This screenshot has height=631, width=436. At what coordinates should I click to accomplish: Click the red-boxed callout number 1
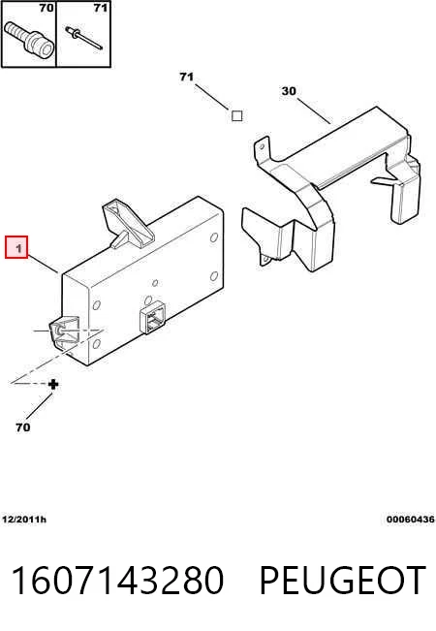click(16, 247)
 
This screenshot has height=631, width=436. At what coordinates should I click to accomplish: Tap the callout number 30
click(289, 91)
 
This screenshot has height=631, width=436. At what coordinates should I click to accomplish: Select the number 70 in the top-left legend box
click(47, 8)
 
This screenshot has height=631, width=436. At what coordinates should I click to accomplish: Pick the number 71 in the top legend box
click(101, 8)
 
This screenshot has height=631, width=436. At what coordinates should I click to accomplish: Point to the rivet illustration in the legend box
click(83, 38)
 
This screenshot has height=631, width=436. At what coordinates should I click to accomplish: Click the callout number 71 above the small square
click(186, 77)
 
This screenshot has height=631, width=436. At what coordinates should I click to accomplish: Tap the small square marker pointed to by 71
click(237, 116)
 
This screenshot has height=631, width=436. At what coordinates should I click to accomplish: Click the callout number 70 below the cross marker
click(23, 427)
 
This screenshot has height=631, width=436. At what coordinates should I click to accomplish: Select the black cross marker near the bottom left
click(53, 384)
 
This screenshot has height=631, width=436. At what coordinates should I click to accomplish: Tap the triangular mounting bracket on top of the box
click(128, 225)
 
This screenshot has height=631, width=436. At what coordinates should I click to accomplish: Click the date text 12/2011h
click(24, 520)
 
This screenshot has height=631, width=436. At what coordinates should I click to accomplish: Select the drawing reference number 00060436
click(411, 520)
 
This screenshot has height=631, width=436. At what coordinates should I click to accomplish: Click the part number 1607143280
click(117, 581)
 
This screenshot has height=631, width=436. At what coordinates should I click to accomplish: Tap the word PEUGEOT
click(343, 581)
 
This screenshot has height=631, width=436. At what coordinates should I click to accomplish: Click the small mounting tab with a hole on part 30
click(265, 260)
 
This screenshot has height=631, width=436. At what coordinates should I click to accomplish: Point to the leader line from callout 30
click(314, 110)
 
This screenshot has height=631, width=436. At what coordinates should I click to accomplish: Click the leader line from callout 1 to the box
click(44, 264)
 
